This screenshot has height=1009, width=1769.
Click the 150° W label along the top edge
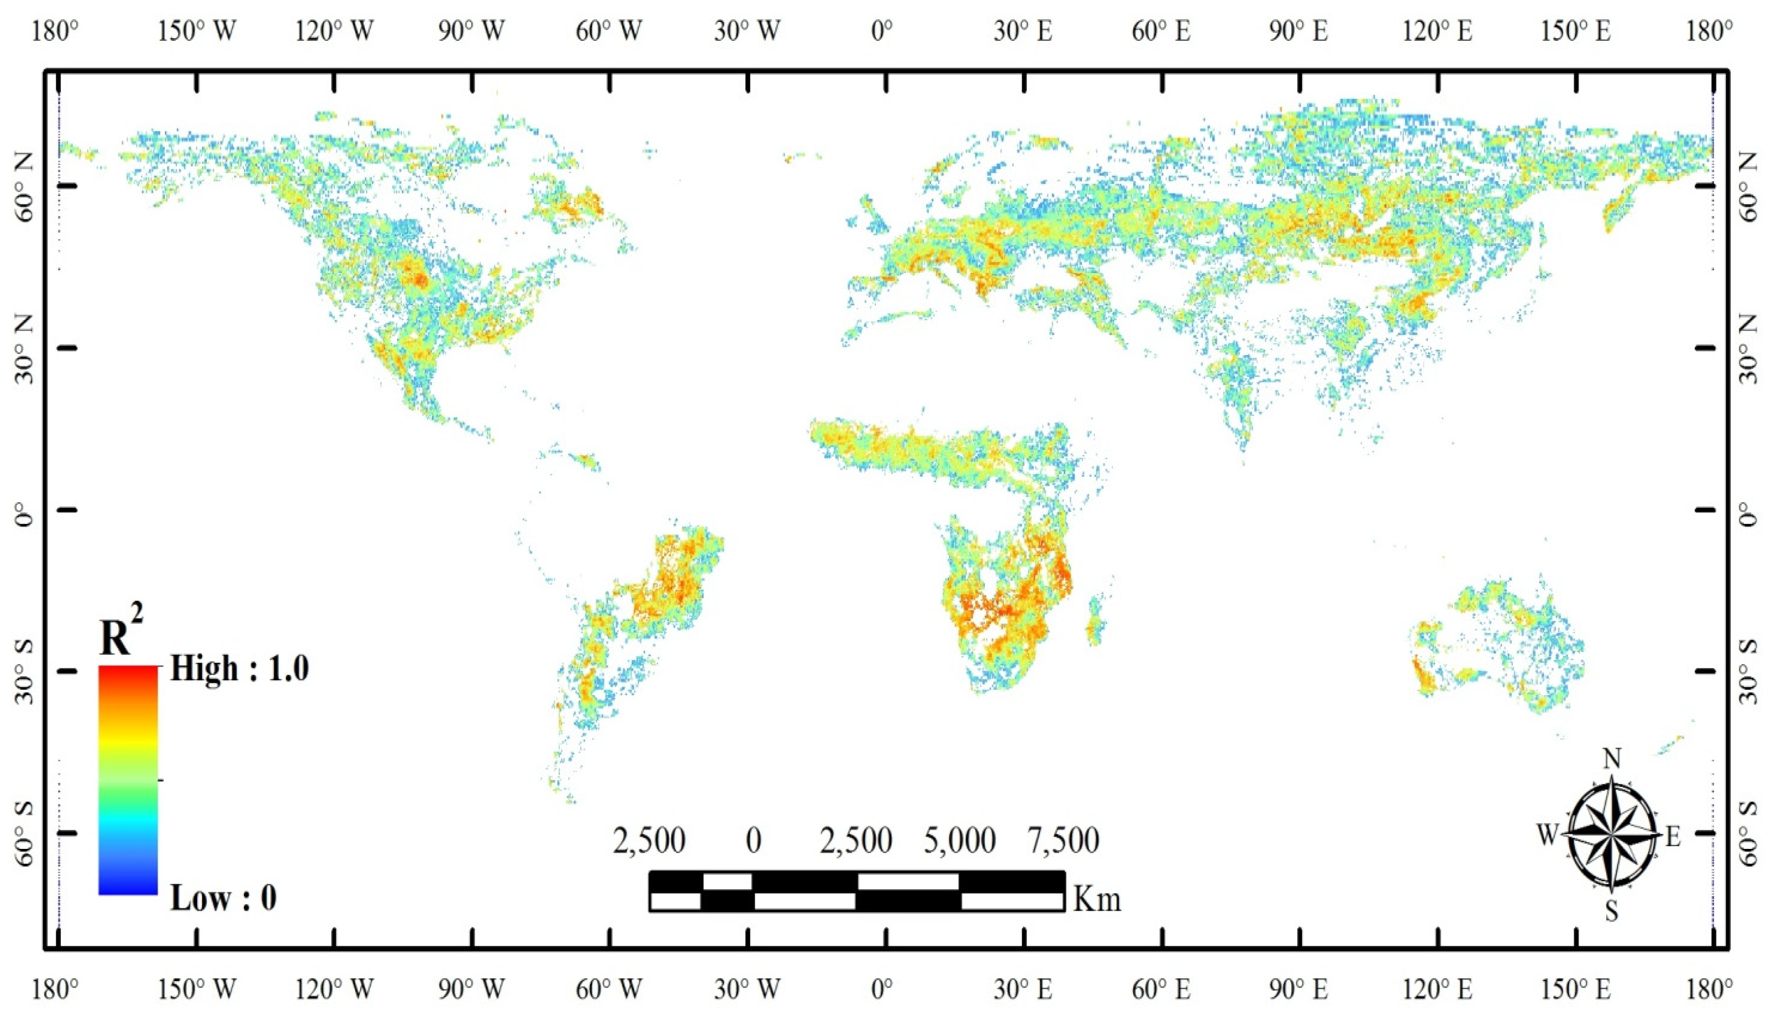coord(197,31)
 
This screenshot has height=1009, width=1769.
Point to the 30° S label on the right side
coord(1745,671)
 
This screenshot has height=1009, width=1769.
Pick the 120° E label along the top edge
coord(1438,31)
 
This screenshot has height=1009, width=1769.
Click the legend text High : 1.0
coord(239,669)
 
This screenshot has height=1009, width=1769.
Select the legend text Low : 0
coord(223,898)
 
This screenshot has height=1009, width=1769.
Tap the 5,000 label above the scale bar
coord(960,841)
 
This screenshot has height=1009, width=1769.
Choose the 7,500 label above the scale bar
coord(1063,841)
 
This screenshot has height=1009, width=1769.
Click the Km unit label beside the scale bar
coord(1097,899)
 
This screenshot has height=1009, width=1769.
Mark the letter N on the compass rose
coord(1612,760)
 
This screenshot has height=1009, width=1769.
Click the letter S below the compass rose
coord(1612,912)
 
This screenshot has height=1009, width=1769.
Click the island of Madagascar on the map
coord(1095,621)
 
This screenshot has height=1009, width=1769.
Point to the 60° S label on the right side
coord(1745,833)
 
